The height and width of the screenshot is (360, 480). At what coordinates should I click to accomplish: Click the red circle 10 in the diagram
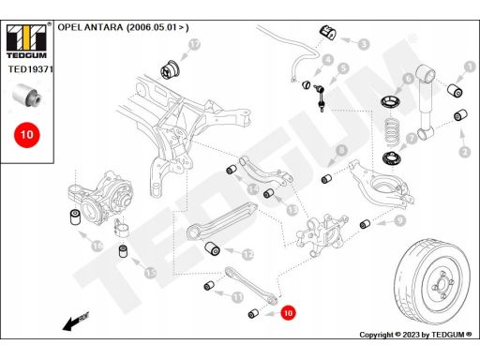(288, 313)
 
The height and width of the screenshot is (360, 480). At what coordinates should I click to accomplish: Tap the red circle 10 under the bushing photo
(27, 135)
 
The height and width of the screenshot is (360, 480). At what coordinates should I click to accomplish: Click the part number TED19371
(31, 69)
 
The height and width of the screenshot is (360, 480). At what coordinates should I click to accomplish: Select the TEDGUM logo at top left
(26, 41)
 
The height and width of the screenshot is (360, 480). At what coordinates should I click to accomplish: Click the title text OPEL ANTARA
(90, 27)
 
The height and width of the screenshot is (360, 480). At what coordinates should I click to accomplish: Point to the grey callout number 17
(194, 44)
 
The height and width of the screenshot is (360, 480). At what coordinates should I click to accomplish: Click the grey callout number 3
(364, 44)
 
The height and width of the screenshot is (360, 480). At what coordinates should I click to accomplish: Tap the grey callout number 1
(469, 67)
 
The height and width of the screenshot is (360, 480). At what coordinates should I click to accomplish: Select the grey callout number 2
(465, 152)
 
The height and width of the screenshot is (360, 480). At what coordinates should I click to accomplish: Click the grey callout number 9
(399, 221)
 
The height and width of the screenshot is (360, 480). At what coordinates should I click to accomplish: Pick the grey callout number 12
(247, 255)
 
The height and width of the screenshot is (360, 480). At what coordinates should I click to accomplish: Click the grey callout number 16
(97, 246)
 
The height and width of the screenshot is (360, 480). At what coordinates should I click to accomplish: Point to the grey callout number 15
(150, 273)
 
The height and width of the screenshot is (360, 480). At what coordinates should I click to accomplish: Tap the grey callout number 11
(238, 296)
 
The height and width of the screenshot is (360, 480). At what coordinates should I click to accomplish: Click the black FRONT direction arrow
(76, 322)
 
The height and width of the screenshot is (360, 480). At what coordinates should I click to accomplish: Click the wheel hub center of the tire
(442, 284)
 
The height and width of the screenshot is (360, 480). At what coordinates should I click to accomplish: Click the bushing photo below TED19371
(27, 95)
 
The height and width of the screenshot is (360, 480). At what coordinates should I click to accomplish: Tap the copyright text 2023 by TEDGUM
(437, 335)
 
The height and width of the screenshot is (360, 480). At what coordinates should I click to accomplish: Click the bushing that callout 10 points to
(253, 313)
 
